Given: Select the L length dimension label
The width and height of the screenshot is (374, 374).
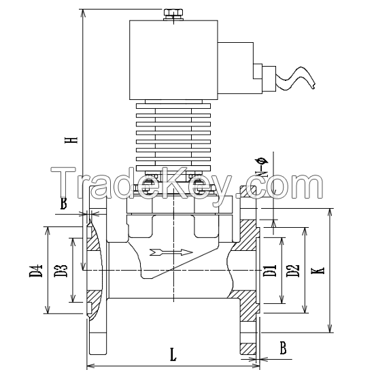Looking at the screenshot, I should pyautogui.click(x=174, y=354).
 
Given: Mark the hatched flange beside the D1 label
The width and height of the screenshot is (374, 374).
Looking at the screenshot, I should pyautogui.click(x=249, y=272).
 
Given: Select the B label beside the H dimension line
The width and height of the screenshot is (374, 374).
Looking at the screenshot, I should pyautogui.click(x=63, y=203).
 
